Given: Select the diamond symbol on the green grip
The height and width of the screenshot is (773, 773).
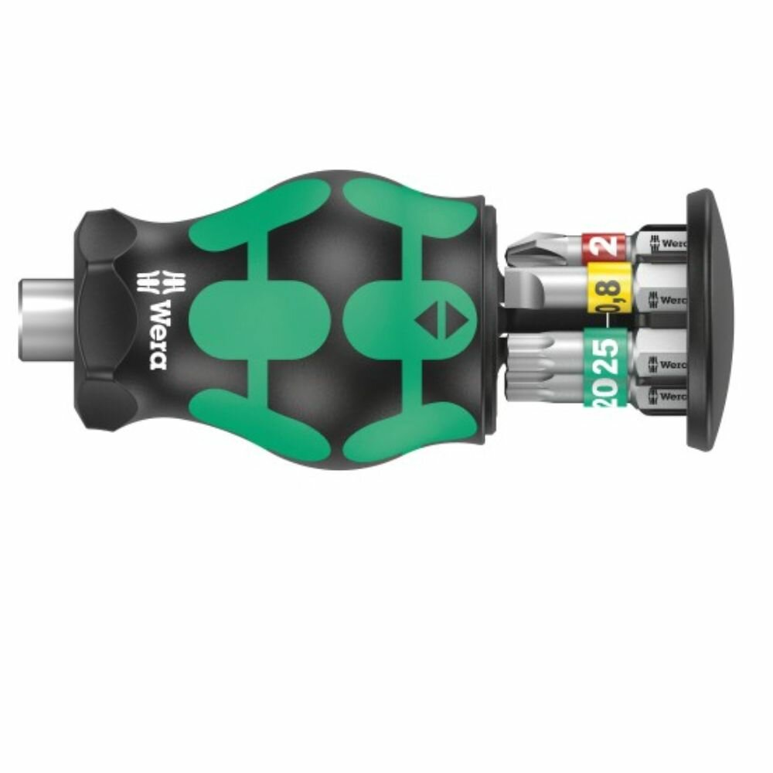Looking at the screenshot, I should tap(431, 318).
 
